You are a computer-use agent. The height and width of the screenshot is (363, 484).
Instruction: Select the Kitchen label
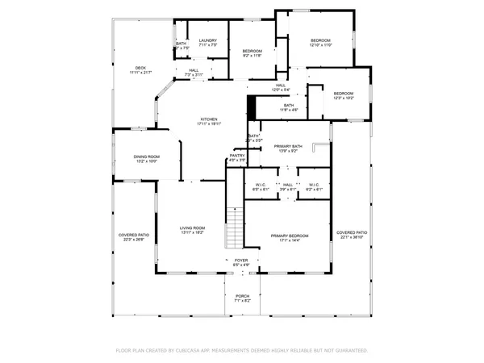(209, 121)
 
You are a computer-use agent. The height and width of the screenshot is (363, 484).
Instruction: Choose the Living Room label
(192, 230)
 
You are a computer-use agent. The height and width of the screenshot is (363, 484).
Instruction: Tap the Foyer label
(241, 262)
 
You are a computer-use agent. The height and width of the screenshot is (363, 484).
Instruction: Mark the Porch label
(242, 298)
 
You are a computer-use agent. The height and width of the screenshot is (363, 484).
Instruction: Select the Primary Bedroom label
(289, 237)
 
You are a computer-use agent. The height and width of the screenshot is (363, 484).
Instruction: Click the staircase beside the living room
(234, 227)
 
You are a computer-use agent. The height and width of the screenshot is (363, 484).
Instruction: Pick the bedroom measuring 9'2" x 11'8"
(252, 52)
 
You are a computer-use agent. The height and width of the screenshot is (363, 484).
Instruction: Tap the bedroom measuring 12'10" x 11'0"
(320, 42)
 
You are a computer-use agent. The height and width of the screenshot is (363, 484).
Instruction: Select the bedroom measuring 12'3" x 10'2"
(344, 95)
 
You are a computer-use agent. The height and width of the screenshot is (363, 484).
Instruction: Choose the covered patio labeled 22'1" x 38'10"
(352, 234)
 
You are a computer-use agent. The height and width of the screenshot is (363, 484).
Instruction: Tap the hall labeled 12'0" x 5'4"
(281, 87)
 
